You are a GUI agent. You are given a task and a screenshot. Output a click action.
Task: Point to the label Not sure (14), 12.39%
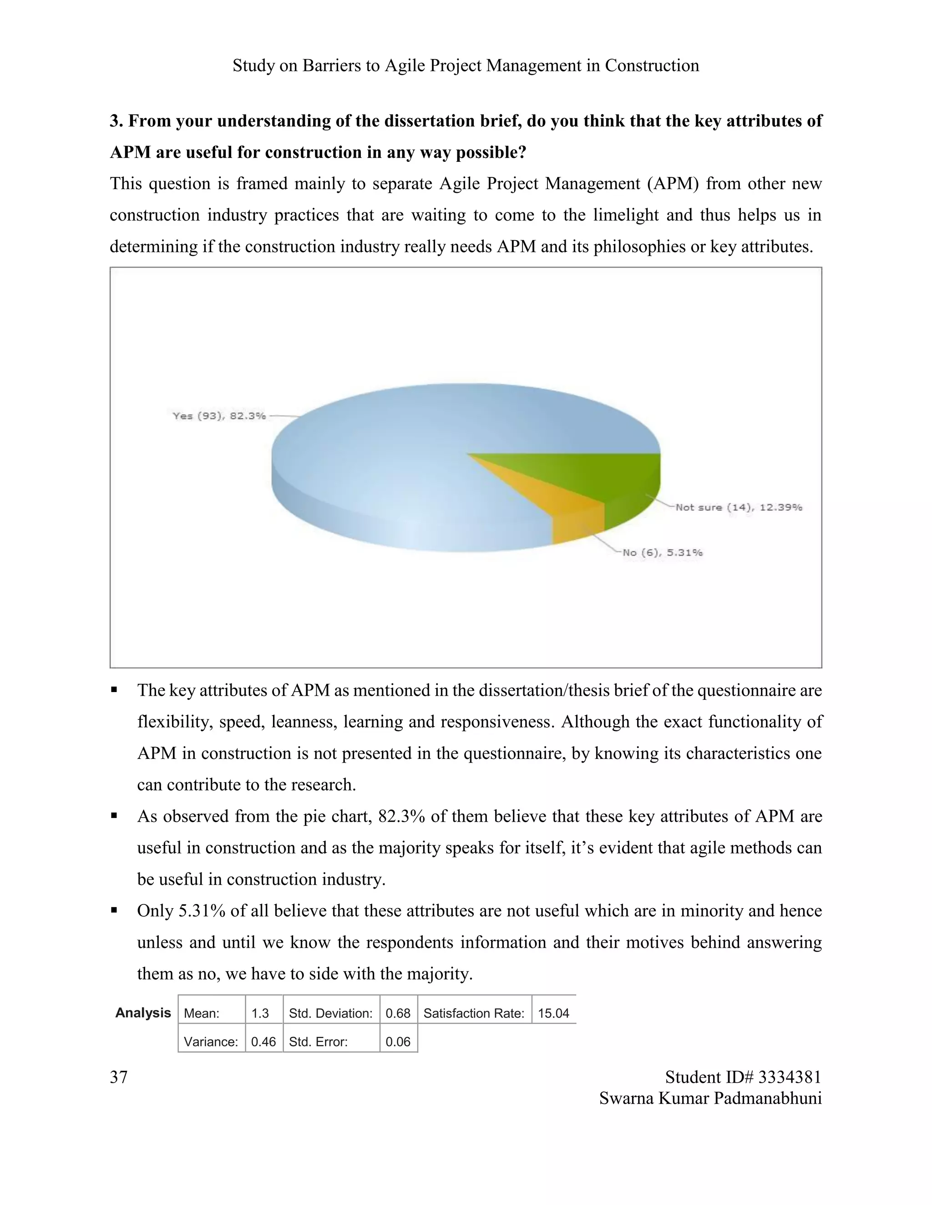(x=738, y=507)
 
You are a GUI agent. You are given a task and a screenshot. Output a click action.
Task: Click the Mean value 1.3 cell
(x=260, y=1014)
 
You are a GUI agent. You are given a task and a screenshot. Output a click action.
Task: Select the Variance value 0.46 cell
(x=263, y=1042)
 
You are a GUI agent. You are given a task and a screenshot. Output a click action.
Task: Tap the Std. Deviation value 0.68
(x=398, y=1014)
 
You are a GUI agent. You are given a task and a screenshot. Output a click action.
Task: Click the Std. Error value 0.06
(x=398, y=1042)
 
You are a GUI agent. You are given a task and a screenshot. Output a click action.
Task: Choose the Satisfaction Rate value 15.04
(x=553, y=1014)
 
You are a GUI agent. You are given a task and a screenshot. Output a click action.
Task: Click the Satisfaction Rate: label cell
(x=474, y=1014)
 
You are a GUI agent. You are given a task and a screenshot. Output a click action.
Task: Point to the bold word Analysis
(x=143, y=1013)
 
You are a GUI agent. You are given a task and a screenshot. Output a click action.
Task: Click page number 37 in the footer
(x=119, y=1077)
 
